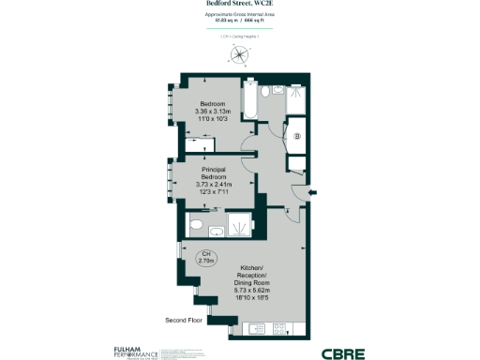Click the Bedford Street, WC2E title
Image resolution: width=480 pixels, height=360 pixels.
point(240,4)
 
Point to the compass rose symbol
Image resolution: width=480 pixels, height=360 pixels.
point(241,55)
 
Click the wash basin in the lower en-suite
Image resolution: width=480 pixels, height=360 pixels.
point(216,231)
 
